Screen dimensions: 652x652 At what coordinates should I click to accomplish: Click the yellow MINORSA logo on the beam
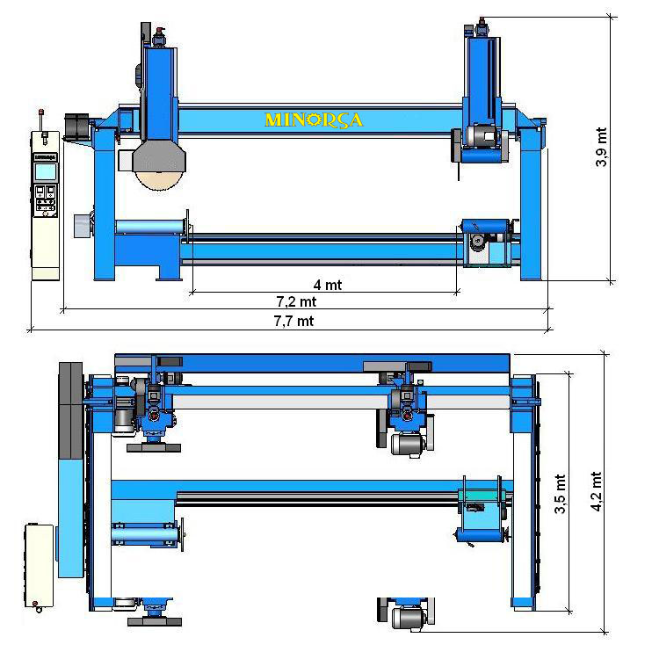point(314,120)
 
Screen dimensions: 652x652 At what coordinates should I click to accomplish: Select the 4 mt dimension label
point(327,285)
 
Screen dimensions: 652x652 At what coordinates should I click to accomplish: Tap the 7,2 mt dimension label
point(296,301)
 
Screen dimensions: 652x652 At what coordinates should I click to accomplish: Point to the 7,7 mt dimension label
point(293,321)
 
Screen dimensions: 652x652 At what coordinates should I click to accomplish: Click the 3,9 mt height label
point(601,148)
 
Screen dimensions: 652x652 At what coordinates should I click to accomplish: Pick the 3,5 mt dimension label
point(561,494)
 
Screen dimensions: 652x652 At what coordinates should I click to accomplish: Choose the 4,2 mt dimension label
point(596,491)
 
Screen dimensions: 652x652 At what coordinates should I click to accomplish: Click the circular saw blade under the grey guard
point(159,181)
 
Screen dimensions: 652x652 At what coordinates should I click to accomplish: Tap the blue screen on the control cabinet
point(46,171)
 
